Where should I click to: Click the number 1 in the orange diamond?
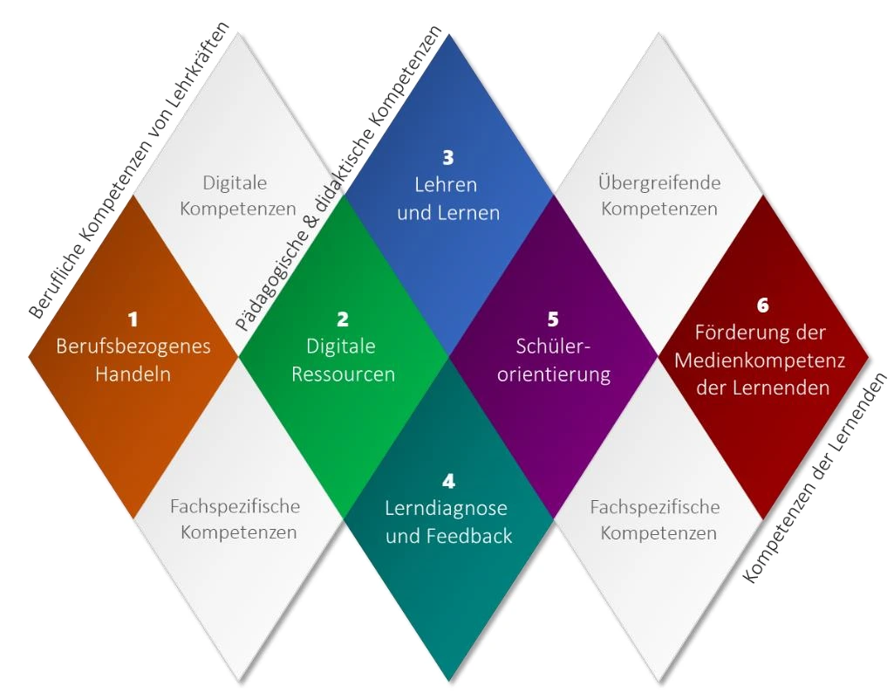pyautogui.click(x=133, y=319)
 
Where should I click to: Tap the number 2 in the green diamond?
pyautogui.click(x=343, y=319)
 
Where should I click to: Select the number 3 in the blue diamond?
pyautogui.click(x=448, y=158)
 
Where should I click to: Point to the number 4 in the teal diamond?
pyautogui.click(x=448, y=481)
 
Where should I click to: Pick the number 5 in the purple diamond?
pyautogui.click(x=553, y=319)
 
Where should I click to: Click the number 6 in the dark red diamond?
pyautogui.click(x=763, y=305)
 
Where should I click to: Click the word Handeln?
pyautogui.click(x=133, y=374)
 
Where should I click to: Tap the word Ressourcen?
pyautogui.click(x=343, y=374)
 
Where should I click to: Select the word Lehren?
pyautogui.click(x=448, y=185)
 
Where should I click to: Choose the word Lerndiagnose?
pyautogui.click(x=447, y=508)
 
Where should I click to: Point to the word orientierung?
pyautogui.click(x=553, y=374)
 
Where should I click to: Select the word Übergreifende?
pyautogui.click(x=659, y=182)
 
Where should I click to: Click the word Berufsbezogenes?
pyautogui.click(x=133, y=346)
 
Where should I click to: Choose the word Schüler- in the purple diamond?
pyautogui.click(x=553, y=346)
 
